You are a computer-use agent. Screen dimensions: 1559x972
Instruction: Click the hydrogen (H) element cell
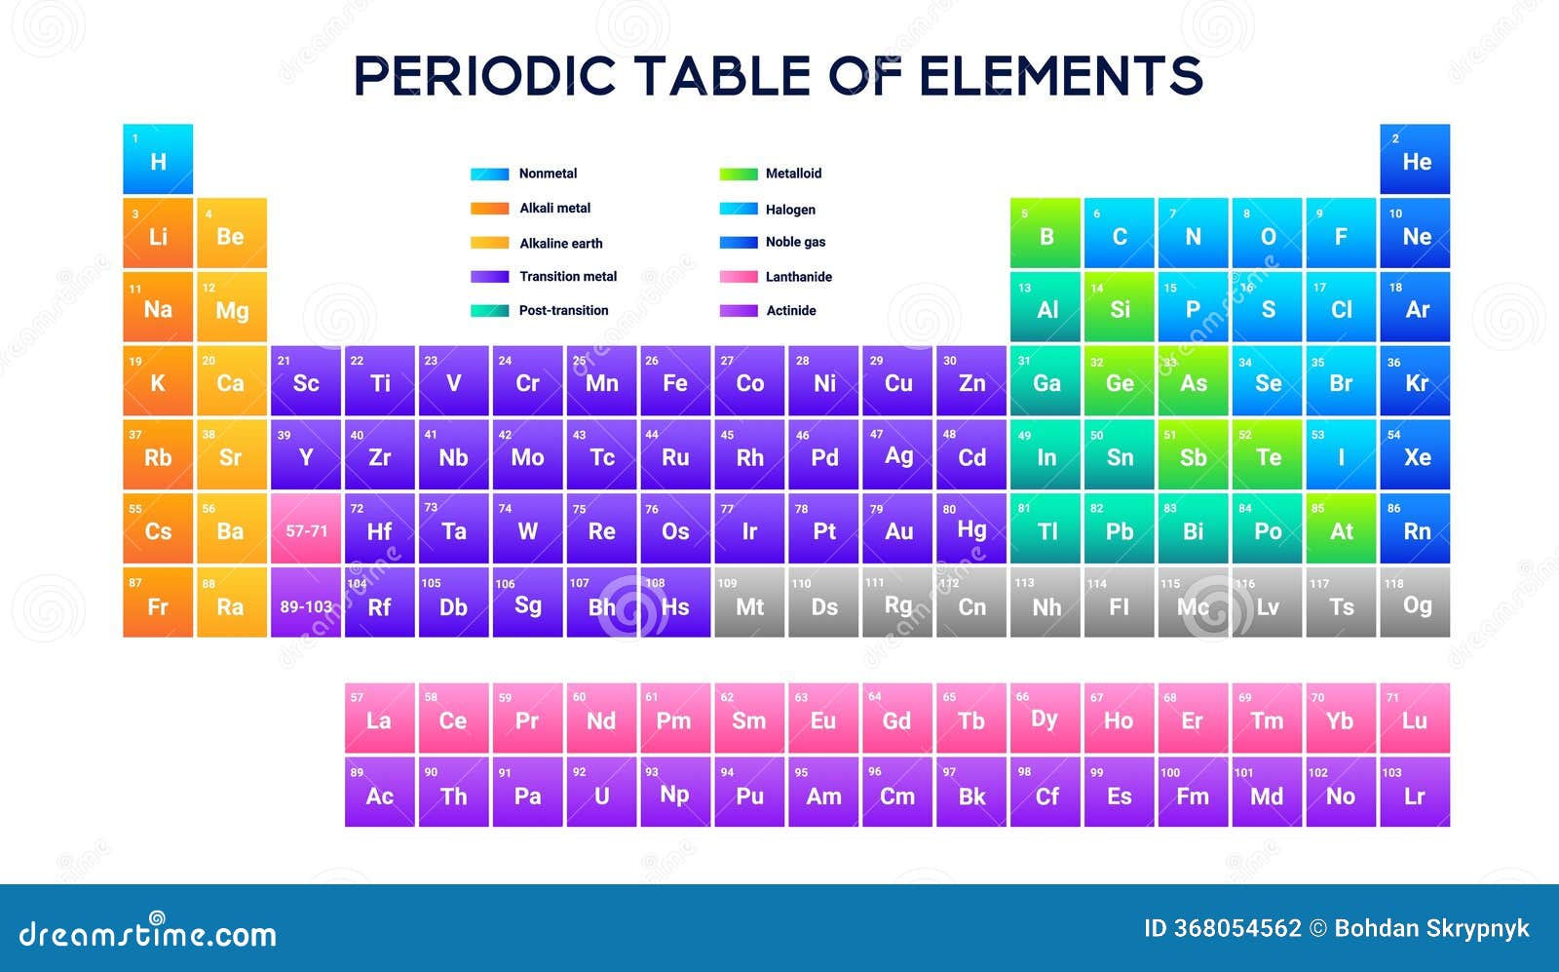point(158,159)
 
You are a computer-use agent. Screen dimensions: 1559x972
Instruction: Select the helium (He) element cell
point(1415,159)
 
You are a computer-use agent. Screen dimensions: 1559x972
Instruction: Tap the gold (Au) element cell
point(897,527)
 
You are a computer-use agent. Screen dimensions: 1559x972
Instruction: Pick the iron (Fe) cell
point(675,380)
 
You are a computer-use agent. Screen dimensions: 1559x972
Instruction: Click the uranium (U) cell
point(601,792)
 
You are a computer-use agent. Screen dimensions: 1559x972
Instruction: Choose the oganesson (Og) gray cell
point(1415,603)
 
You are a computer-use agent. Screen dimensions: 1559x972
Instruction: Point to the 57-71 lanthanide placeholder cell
point(306,527)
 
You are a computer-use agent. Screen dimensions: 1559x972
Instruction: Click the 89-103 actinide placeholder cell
point(306,603)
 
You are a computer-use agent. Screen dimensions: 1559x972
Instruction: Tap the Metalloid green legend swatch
point(739,175)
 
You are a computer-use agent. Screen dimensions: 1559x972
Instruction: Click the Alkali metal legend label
point(554,209)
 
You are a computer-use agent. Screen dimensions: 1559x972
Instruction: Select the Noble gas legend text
point(795,242)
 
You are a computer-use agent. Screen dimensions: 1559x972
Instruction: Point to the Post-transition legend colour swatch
point(489,311)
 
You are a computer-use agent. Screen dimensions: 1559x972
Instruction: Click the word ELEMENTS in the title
point(1061,75)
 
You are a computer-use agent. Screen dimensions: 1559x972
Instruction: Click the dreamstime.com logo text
point(147,932)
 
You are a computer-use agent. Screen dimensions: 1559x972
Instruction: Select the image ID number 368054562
point(1237,928)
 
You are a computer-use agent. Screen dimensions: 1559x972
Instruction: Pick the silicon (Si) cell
point(1120,306)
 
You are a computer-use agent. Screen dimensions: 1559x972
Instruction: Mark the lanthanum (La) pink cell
point(379,718)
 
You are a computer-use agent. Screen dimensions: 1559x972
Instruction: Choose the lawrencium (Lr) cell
point(1415,792)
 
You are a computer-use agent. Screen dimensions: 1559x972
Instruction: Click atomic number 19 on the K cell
point(135,362)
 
